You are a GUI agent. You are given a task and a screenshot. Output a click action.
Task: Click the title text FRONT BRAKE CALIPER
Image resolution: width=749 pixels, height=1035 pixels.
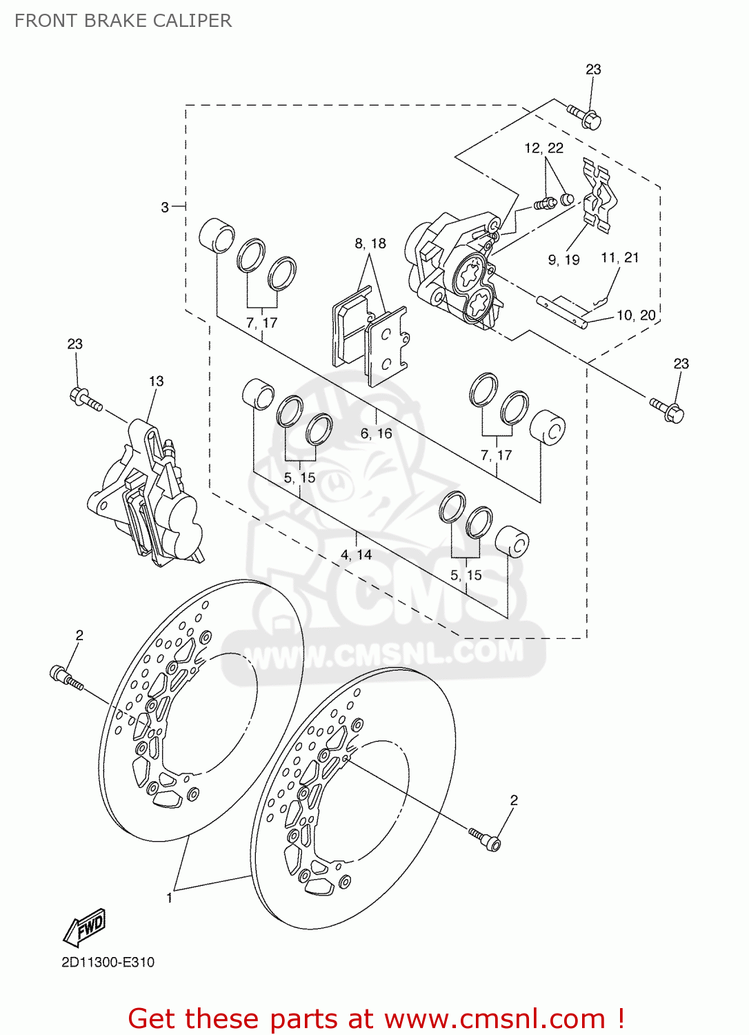pos(123,21)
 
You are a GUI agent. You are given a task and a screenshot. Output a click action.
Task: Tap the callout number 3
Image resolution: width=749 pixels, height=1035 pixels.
pos(165,207)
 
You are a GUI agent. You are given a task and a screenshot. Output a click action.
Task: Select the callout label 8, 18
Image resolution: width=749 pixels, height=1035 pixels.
pos(370,244)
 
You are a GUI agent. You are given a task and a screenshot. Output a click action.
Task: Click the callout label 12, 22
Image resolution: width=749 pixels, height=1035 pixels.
pos(543,148)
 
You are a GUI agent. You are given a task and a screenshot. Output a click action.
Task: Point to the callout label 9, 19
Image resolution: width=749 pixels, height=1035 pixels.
pos(563,260)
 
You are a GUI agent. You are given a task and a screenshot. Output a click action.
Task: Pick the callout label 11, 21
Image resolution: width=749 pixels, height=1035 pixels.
pos(619,257)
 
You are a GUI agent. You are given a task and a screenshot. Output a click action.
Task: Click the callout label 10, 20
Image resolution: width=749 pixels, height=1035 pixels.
pos(635,315)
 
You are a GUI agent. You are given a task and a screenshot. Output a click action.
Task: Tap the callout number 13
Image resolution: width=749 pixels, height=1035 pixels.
pos(157,381)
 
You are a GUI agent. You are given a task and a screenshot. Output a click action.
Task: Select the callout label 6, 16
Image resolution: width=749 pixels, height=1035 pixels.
pos(376,433)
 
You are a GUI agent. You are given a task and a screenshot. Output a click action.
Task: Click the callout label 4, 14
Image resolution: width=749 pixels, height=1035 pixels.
pos(356,555)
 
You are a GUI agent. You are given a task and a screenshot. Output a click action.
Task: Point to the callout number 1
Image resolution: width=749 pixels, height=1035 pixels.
pos(170,897)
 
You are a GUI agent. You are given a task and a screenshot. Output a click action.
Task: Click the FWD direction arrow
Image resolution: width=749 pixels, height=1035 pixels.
pos(85,927)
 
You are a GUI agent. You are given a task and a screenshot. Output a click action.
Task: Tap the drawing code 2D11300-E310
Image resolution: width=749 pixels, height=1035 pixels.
pos(108,962)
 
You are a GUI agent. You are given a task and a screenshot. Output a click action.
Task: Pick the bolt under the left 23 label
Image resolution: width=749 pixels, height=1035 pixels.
pos(86,400)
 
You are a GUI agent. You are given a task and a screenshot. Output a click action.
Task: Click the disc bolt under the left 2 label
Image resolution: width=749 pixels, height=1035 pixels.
pos(66,677)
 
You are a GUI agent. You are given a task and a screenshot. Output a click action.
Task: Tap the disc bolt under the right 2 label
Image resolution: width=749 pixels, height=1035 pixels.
pos(485,839)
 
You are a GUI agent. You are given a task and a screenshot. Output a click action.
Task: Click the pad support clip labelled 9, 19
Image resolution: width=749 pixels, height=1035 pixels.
pos(599,195)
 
